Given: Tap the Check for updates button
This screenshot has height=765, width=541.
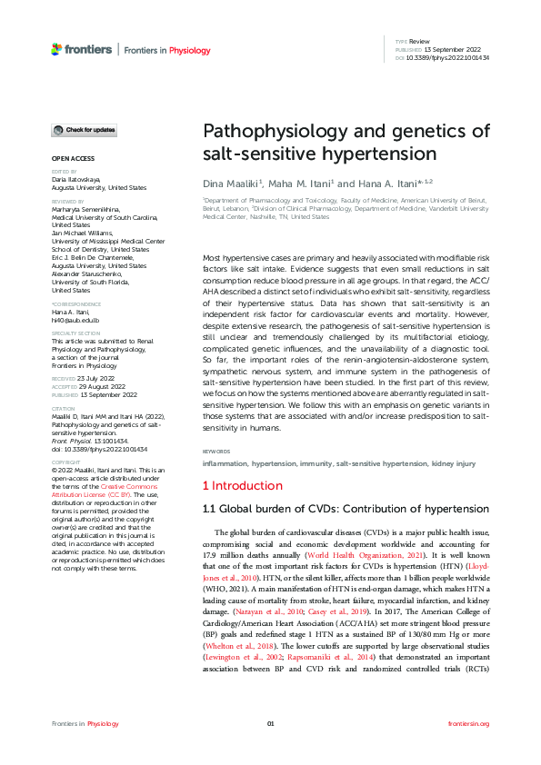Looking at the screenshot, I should (84, 131).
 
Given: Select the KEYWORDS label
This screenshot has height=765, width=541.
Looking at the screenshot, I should (217, 451).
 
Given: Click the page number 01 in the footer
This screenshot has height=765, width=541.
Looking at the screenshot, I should (270, 723).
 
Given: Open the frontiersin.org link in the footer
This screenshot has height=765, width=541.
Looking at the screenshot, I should (469, 723).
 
